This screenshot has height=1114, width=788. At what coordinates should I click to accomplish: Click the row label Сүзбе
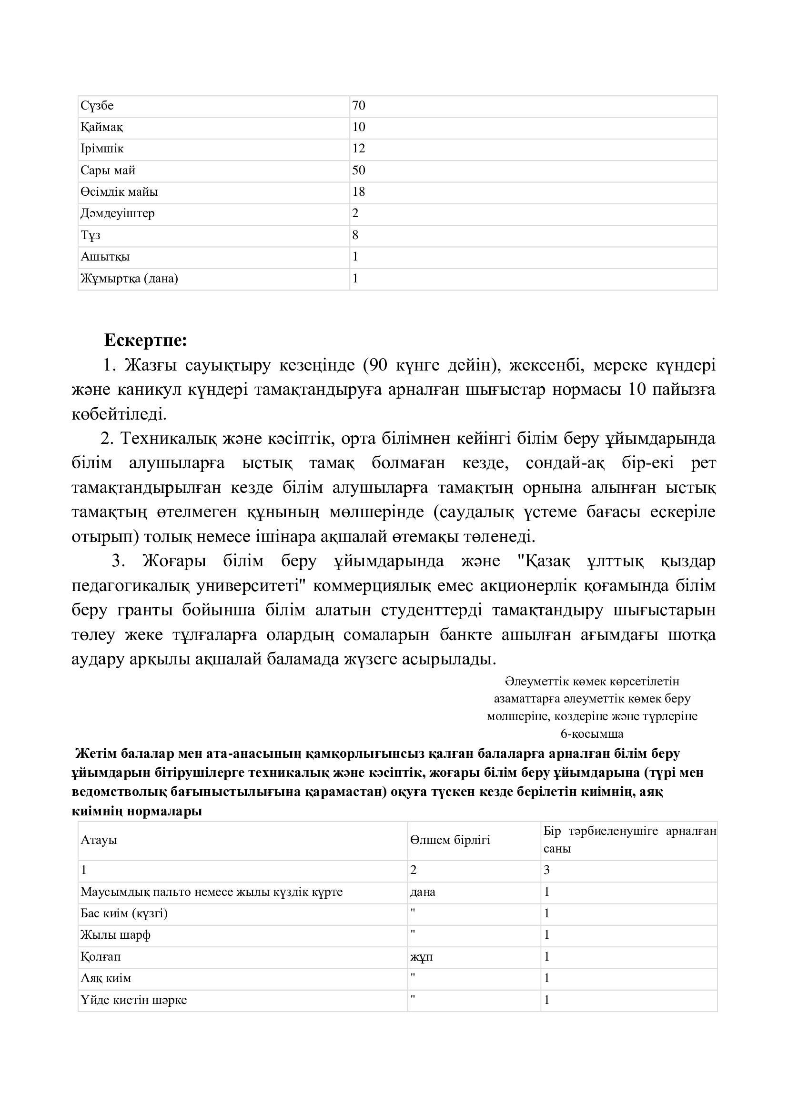97,106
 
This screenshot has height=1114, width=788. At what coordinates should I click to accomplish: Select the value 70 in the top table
359,106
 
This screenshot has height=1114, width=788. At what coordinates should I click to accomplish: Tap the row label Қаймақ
102,128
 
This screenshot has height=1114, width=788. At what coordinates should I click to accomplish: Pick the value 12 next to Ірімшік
359,149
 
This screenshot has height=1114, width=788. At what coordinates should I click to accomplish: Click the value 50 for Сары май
359,171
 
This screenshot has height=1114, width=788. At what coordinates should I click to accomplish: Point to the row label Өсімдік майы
119,192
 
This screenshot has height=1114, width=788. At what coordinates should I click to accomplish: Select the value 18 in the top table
359,192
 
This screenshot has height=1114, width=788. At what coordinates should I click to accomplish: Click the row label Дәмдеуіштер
117,213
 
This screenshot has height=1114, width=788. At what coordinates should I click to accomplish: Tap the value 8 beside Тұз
356,235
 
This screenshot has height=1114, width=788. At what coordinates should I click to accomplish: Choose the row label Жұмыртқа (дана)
129,279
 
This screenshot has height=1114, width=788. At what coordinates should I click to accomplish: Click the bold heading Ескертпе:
146,341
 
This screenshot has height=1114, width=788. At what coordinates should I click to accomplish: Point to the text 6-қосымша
592,733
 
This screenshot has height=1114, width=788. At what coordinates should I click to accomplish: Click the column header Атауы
99,840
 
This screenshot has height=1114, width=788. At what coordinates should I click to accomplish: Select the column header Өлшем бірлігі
450,840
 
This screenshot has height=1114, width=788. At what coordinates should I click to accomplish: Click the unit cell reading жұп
421,957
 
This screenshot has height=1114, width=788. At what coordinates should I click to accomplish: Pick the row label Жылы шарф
115,935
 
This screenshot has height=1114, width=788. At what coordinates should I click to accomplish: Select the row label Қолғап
101,957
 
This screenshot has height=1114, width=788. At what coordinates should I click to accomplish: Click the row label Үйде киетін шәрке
133,1000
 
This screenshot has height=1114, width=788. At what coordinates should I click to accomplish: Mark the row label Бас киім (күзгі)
124,913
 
